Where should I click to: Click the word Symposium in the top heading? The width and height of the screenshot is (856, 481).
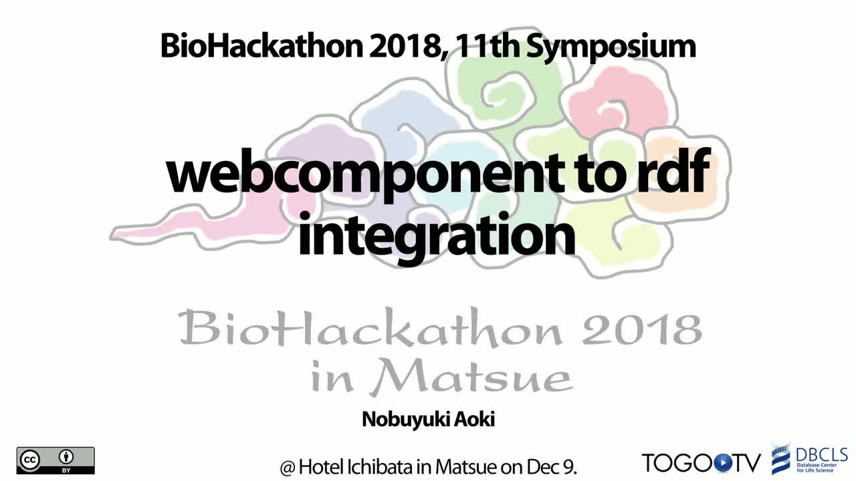click(x=611, y=47)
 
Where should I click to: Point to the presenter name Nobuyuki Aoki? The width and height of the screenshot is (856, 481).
click(x=429, y=420)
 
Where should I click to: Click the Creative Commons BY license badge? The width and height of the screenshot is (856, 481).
click(x=56, y=460)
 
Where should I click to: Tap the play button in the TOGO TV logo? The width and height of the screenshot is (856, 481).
click(x=722, y=463)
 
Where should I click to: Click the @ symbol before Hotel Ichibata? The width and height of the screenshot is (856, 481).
click(x=288, y=468)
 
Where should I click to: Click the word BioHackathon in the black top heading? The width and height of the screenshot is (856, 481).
click(x=261, y=46)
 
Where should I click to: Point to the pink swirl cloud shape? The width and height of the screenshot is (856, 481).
click(x=615, y=101)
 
